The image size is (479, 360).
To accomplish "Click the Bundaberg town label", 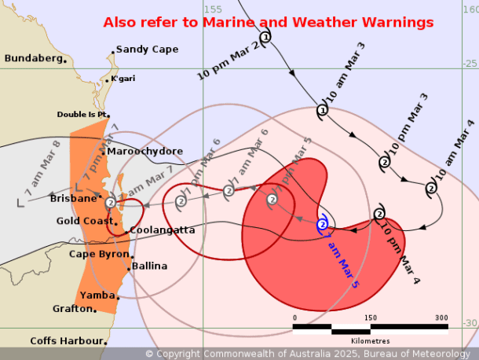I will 34,58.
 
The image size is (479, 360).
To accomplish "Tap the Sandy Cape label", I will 147,49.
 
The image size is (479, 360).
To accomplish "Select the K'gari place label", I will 122,79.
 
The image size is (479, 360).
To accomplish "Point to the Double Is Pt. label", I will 82,114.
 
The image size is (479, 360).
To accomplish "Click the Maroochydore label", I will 144,151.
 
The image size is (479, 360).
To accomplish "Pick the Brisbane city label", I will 72,199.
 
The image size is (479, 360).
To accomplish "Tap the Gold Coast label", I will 86,221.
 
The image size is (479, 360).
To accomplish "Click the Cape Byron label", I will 98,254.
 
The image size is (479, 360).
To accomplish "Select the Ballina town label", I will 149,266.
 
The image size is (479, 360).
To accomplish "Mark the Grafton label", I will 73,309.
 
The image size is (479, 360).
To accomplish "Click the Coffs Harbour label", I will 67,340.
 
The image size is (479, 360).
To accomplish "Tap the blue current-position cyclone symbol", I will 323,225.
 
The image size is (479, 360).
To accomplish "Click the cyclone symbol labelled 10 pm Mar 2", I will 265,36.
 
